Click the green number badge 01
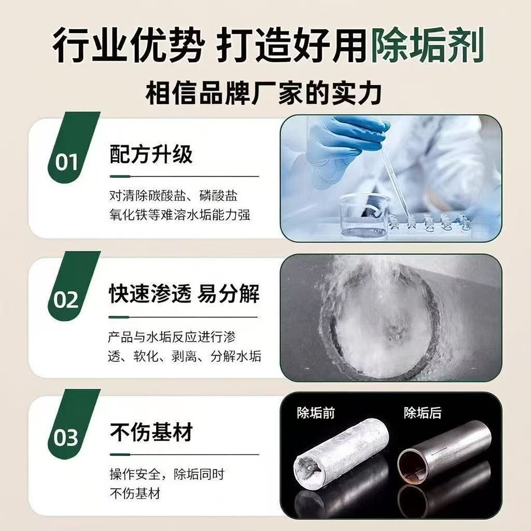click(66, 162)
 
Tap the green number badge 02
click(66, 300)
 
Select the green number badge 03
click(66, 438)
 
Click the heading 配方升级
click(151, 154)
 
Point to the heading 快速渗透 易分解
click(184, 294)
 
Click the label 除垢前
click(316, 413)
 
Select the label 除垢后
click(423, 413)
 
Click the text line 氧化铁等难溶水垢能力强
click(180, 214)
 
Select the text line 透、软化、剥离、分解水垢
click(185, 356)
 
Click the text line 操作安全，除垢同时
click(167, 474)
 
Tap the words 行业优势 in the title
click(127, 46)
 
